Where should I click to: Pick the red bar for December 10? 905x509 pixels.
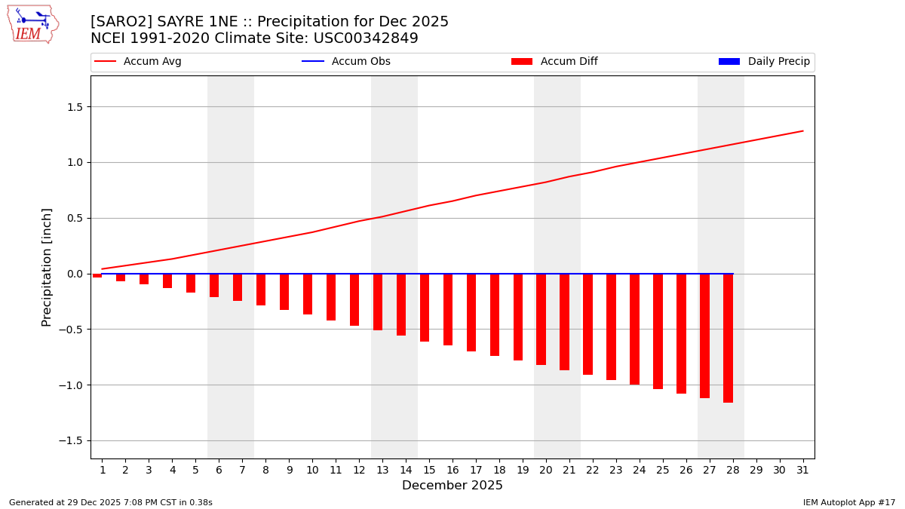308,294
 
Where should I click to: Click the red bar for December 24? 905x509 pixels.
634,329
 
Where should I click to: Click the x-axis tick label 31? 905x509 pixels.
802,471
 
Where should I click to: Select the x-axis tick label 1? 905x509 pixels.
103,471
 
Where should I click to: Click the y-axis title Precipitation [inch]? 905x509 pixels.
47,267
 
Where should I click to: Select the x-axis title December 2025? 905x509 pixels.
452,486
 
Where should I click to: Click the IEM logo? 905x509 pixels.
32,24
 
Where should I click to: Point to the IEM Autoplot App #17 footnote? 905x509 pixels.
849,502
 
